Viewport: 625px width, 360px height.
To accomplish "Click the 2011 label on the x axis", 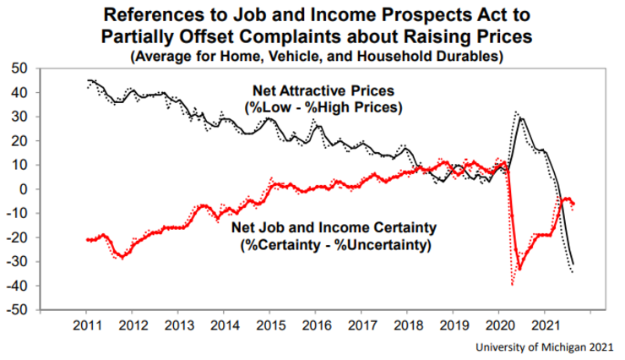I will (88, 325).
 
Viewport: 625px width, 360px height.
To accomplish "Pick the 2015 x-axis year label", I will (269, 325).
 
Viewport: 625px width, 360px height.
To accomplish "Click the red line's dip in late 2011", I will (123, 256).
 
